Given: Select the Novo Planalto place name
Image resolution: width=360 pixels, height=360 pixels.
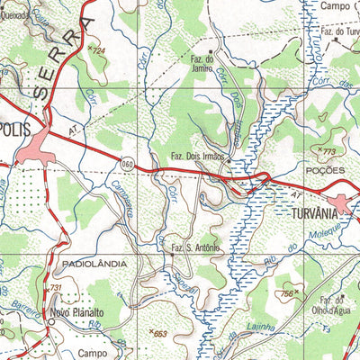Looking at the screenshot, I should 79,313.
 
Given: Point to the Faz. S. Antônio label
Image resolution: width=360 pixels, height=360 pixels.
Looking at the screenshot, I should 195,247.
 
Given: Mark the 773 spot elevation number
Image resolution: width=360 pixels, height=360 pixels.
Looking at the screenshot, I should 328,150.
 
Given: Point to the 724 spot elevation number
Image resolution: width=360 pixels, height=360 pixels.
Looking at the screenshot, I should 99,51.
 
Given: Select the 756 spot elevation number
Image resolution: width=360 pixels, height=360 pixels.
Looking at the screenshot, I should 287,293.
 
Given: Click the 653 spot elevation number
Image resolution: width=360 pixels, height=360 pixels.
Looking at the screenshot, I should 160,334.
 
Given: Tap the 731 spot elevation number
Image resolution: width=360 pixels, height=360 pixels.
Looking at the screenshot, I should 56,288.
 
